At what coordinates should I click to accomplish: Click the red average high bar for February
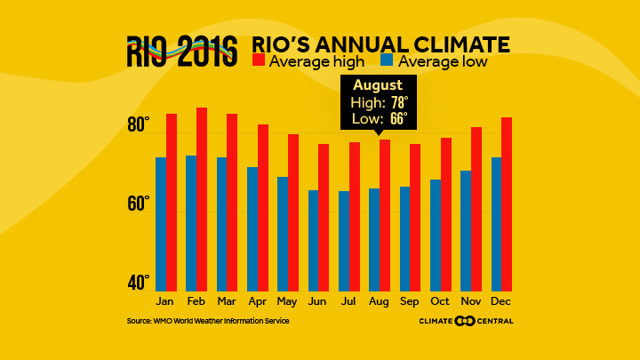pyautogui.click(x=202, y=199)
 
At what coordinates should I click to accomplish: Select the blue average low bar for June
pyautogui.click(x=314, y=240)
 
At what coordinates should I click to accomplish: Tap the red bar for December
pyautogui.click(x=507, y=204)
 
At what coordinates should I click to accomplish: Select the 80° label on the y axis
pyautogui.click(x=140, y=125)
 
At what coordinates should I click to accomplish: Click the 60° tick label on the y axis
pyautogui.click(x=140, y=204)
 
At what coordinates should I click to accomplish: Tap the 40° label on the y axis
pyautogui.click(x=140, y=284)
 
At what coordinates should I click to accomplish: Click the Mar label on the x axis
pyautogui.click(x=226, y=301)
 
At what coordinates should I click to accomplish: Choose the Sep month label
pyautogui.click(x=410, y=301)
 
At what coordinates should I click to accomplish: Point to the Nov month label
pyautogui.click(x=471, y=301)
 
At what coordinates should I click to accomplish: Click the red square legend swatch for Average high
pyautogui.click(x=259, y=61)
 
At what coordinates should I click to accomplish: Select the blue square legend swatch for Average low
pyautogui.click(x=387, y=61)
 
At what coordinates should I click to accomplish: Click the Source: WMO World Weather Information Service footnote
pyautogui.click(x=208, y=321)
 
